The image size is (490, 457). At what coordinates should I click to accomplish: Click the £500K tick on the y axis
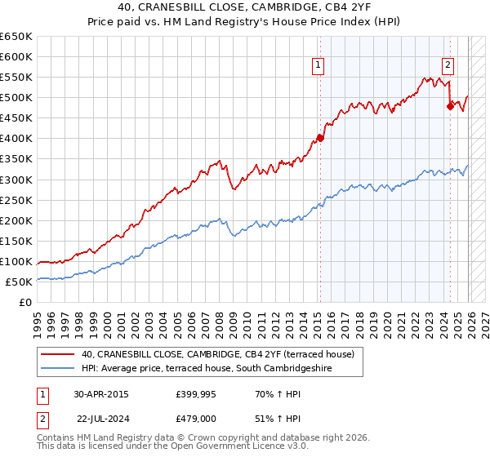point(16,98)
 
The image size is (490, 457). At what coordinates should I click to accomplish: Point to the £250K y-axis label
point(16,200)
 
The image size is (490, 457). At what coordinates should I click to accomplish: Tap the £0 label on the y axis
point(26,302)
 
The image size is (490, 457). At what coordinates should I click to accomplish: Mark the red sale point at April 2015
point(320,138)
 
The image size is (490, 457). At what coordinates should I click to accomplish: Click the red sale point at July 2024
point(450,105)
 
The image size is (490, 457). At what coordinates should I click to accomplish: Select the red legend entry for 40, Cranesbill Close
point(217,354)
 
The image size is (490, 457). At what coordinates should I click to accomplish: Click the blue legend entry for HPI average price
point(212,368)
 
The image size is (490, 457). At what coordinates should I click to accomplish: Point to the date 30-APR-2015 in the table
point(100,393)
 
